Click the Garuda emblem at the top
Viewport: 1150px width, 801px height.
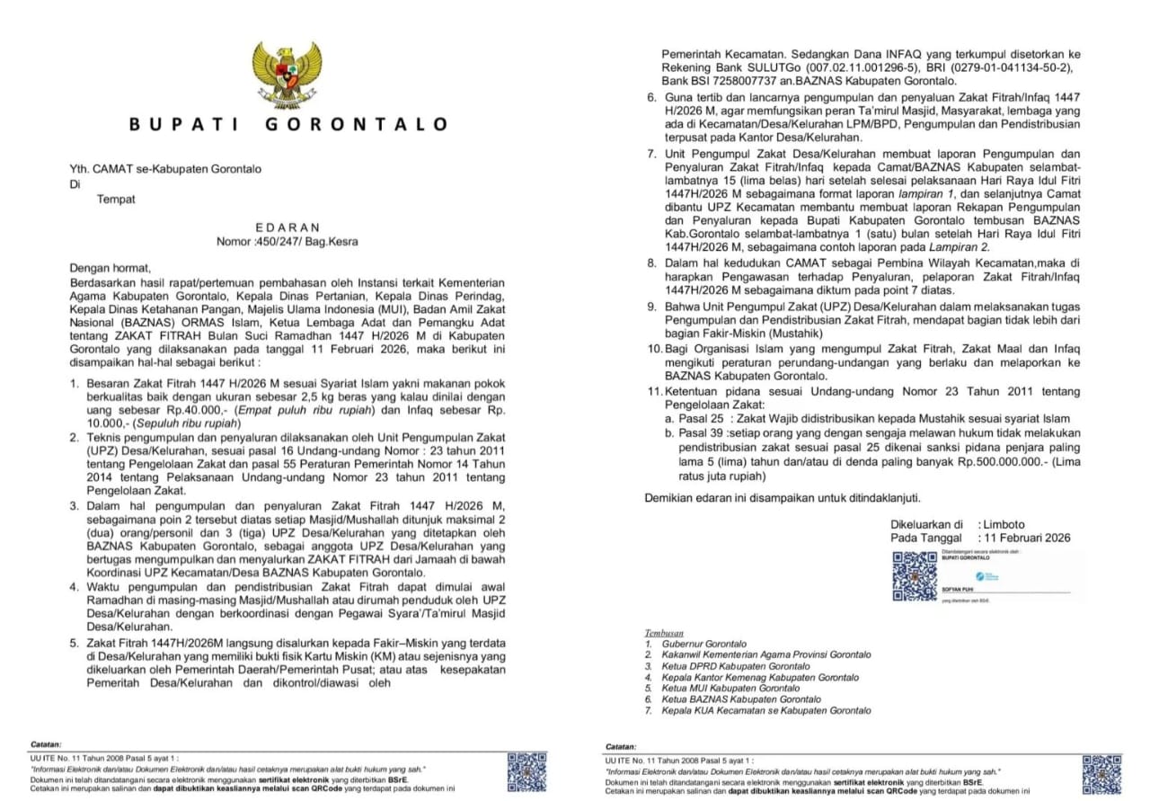(x=287, y=75)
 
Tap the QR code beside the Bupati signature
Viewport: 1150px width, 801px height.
(x=915, y=576)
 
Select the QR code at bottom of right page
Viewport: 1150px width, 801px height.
(x=1101, y=774)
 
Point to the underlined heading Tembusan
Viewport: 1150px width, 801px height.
(x=664, y=633)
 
